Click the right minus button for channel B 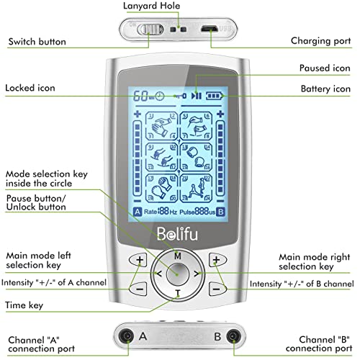pyautogui.click(x=216, y=288)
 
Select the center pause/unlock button pyautogui.click(x=177, y=274)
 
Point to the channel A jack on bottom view pyautogui.click(x=127, y=336)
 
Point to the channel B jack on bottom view pyautogui.click(x=231, y=336)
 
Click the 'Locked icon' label pyautogui.click(x=31, y=88)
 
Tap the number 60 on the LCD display pyautogui.click(x=138, y=96)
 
